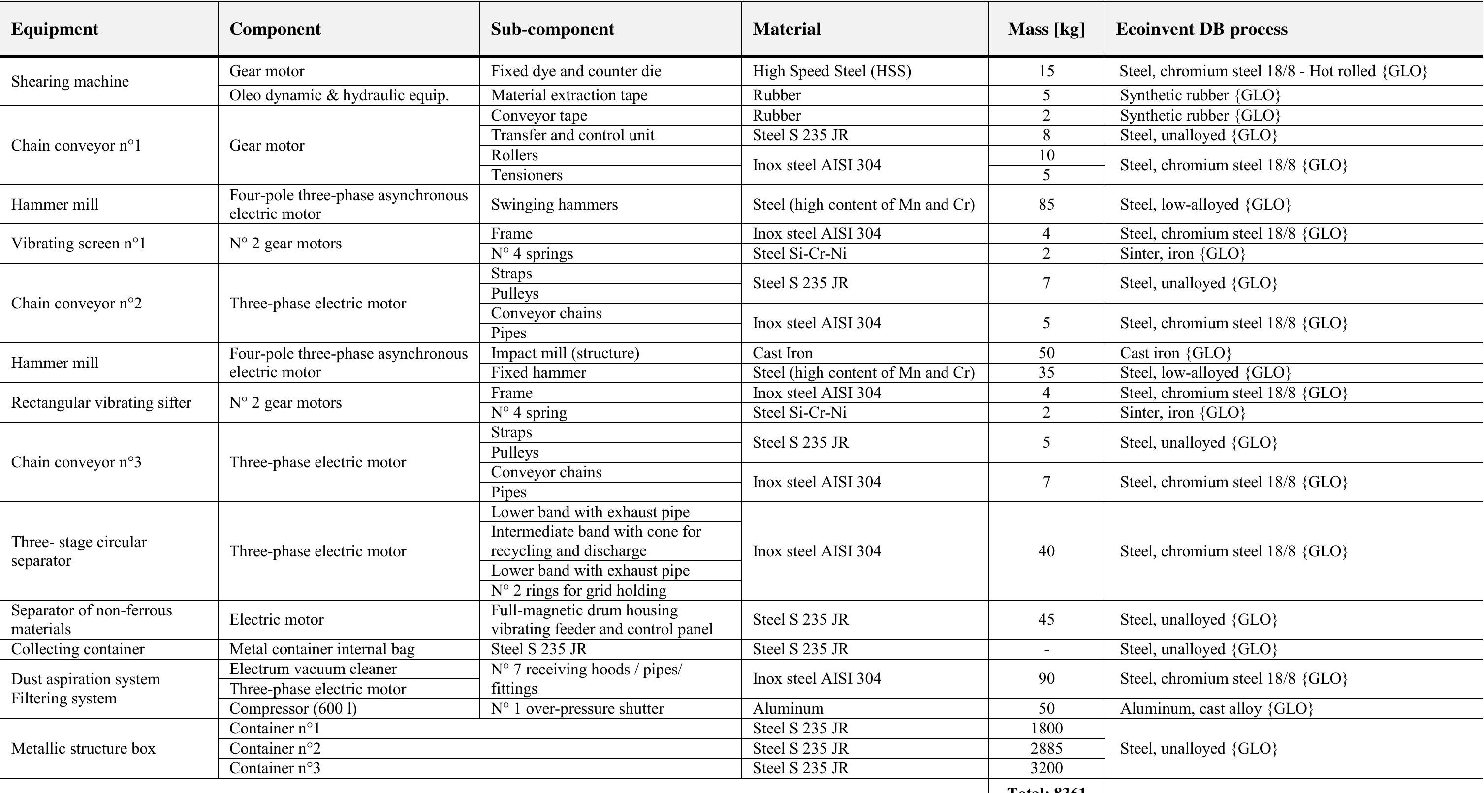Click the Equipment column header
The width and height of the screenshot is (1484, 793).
click(x=55, y=30)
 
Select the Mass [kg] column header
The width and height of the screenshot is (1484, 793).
click(x=1045, y=30)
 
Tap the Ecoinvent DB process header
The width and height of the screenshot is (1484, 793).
click(x=1201, y=30)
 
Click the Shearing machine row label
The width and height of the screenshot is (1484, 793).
click(x=70, y=81)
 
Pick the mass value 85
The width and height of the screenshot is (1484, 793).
click(x=1046, y=205)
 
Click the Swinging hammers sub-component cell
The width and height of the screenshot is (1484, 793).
click(x=554, y=205)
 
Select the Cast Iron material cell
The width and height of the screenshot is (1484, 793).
click(x=782, y=353)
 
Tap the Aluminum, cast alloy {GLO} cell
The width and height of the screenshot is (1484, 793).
click(x=1216, y=708)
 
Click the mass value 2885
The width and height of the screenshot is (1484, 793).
click(x=1046, y=748)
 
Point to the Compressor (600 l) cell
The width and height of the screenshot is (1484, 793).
click(x=293, y=708)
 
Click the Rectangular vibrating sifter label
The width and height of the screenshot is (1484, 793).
click(x=101, y=402)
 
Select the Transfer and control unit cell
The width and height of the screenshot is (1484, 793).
click(x=572, y=135)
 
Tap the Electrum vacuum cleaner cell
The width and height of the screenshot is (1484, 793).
click(x=313, y=669)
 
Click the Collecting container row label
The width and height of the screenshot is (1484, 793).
click(x=78, y=649)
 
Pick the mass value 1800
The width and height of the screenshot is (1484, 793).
click(x=1046, y=729)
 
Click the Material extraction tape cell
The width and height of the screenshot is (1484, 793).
click(x=568, y=95)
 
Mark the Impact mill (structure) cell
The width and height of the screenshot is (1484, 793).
click(x=565, y=353)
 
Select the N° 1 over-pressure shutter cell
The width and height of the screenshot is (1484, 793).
click(x=577, y=708)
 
